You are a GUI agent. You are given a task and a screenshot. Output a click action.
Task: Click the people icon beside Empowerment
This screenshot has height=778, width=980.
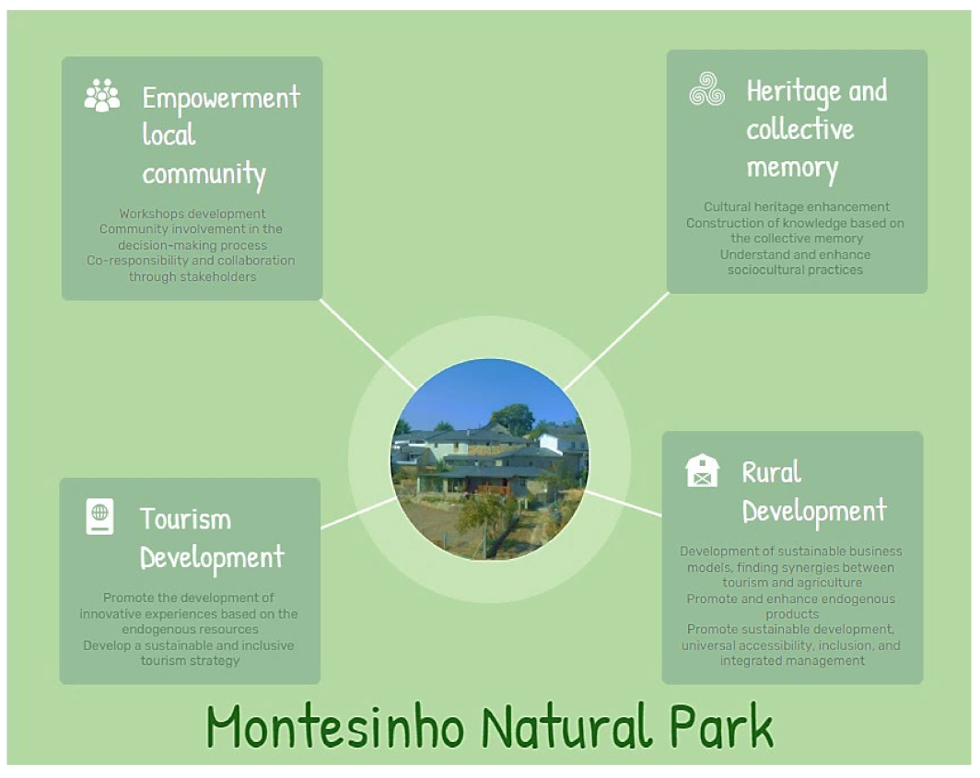click(x=101, y=96)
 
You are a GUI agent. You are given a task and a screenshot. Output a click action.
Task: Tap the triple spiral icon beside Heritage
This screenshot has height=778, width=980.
click(x=706, y=89)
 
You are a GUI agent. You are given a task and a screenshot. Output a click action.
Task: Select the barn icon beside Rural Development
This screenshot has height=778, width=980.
click(x=702, y=470)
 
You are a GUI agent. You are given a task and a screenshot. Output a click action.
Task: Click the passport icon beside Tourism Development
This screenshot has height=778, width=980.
click(x=99, y=516)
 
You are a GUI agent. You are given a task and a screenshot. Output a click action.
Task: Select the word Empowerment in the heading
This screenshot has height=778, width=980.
click(x=221, y=98)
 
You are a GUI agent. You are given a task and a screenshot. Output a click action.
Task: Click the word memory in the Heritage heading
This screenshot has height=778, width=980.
click(x=791, y=168)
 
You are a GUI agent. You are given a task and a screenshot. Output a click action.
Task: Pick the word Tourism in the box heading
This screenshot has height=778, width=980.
click(x=185, y=518)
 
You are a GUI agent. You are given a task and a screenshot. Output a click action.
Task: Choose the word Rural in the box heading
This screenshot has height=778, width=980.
click(x=771, y=472)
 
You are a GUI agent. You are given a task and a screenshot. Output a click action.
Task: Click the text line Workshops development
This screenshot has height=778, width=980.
click(x=192, y=214)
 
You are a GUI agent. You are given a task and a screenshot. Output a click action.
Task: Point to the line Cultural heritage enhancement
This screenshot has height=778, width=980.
click(x=797, y=207)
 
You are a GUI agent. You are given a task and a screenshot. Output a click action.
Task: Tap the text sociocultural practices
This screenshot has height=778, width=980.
click(x=795, y=270)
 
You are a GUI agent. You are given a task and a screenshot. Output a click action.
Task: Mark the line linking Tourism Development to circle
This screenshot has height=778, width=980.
click(x=358, y=513)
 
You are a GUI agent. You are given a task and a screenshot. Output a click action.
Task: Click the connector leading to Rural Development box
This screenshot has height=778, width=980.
click(x=624, y=504)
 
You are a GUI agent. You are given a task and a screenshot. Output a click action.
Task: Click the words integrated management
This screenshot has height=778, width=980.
click(x=792, y=660)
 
